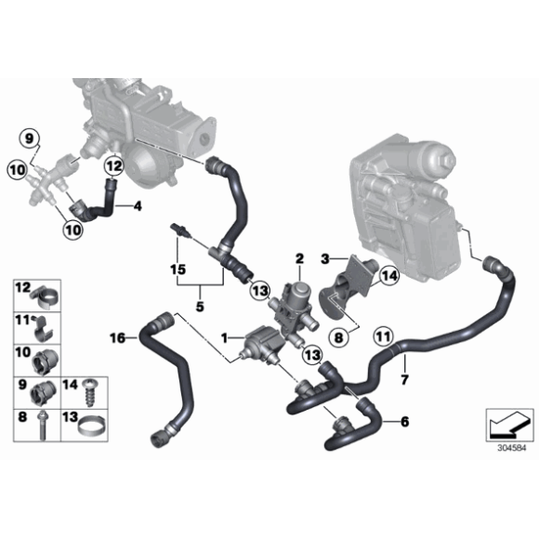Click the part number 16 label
click(117, 336)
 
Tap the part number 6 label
click(405, 421)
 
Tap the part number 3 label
click(324, 256)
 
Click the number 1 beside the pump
click(224, 333)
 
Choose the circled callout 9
click(30, 139)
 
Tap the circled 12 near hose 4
click(112, 168)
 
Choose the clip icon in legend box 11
click(44, 323)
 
